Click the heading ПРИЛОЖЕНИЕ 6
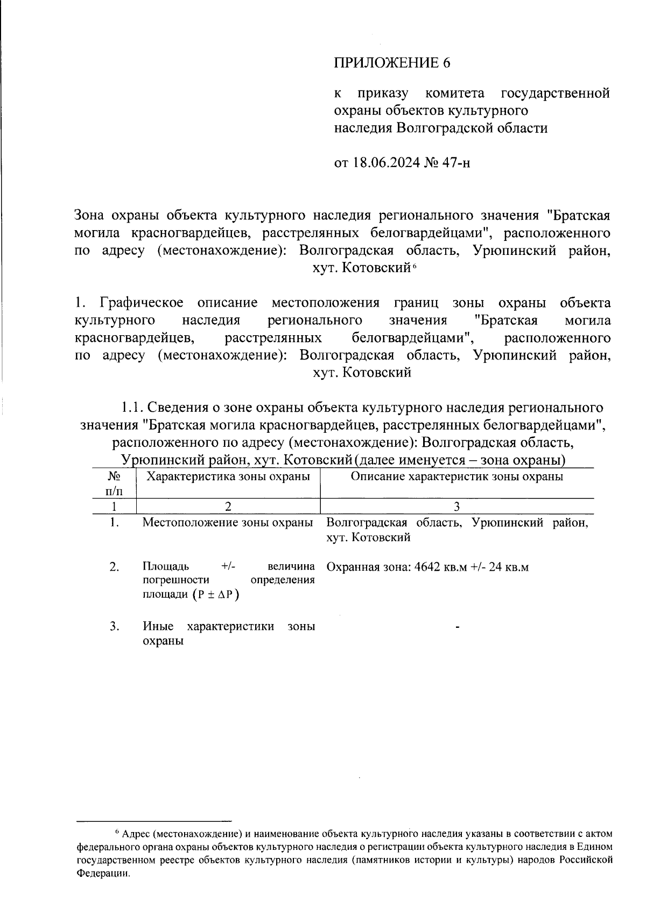point(391,63)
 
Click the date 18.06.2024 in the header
point(387,163)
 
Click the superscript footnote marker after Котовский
point(416,265)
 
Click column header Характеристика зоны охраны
point(228,476)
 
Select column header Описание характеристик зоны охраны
point(457,476)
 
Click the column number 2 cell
point(228,507)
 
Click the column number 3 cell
point(457,507)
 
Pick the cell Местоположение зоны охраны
point(228,523)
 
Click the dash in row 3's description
point(457,627)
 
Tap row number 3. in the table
point(114,626)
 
